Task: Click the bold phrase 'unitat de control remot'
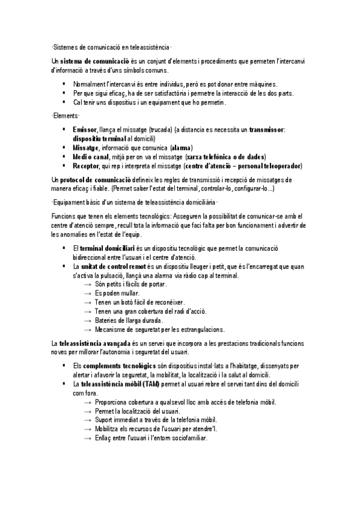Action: click(118, 265)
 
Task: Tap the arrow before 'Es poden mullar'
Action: click(88, 293)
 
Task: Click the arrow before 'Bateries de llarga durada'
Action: click(88, 321)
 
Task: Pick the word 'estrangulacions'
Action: click(200, 330)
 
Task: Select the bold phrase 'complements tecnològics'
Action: click(120, 365)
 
